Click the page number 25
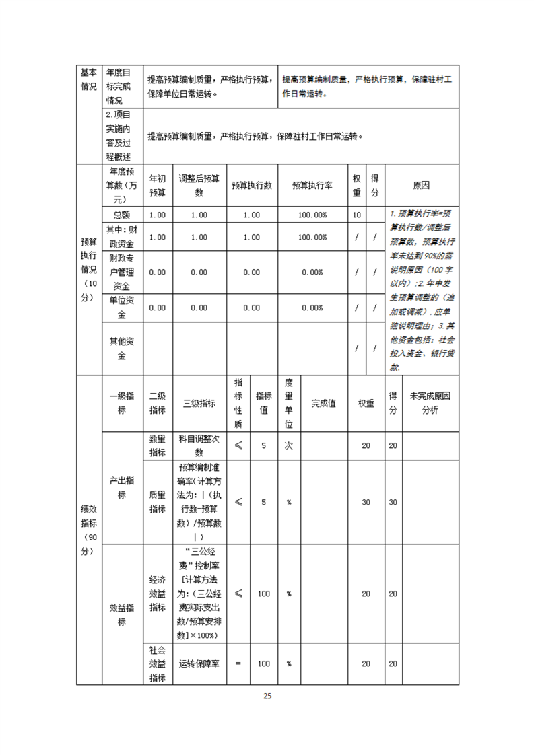click(267, 696)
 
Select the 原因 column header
click(421, 185)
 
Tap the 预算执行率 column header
click(312, 185)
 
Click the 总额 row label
click(122, 215)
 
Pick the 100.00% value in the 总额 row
click(312, 215)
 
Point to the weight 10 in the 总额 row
click(357, 215)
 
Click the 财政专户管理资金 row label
click(122, 272)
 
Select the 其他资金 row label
click(122, 349)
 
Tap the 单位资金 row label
click(122, 308)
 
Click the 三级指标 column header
click(199, 403)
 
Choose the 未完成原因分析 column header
click(430, 403)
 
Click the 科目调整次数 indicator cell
click(199, 445)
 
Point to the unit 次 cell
click(288, 445)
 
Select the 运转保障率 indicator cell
click(199, 663)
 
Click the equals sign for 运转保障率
click(238, 663)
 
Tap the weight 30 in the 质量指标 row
click(366, 502)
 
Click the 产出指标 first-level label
click(122, 488)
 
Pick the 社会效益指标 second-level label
click(157, 663)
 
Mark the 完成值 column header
click(324, 403)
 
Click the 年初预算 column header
click(157, 185)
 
